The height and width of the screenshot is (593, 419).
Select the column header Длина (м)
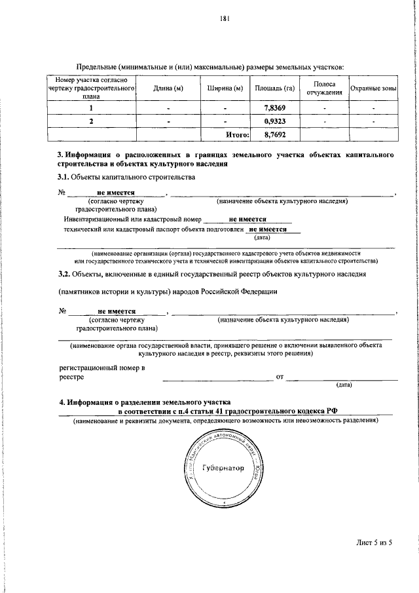pos(168,88)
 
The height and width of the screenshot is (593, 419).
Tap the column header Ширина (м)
pos(225,88)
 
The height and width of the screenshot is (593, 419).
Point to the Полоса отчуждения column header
pos(325,88)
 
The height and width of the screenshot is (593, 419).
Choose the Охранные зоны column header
pos(374,88)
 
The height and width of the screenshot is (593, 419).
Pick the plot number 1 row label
pos(91,108)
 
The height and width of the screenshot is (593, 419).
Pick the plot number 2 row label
pos(91,121)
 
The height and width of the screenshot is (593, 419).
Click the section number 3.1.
pos(64,178)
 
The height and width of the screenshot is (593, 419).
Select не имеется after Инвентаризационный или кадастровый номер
pos(248,220)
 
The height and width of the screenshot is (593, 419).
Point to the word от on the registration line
pos(280,377)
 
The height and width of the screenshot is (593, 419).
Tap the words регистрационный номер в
pos(101,368)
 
